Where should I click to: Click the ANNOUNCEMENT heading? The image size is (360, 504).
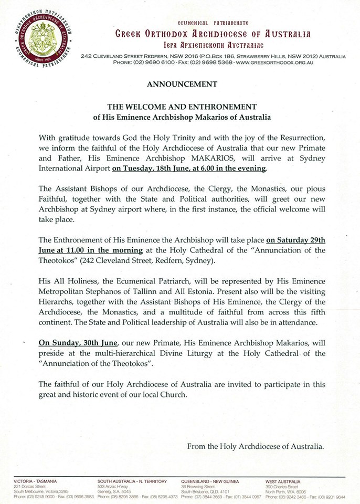coord(182,83)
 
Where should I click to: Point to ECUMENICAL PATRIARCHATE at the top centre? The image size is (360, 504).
coord(213,24)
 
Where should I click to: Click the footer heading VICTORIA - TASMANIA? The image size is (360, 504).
coord(36,481)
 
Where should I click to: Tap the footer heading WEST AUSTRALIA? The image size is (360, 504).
coord(283,481)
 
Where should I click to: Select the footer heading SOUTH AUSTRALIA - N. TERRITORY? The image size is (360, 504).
coord(132,481)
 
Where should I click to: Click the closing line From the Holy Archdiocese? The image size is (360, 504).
coord(256,446)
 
